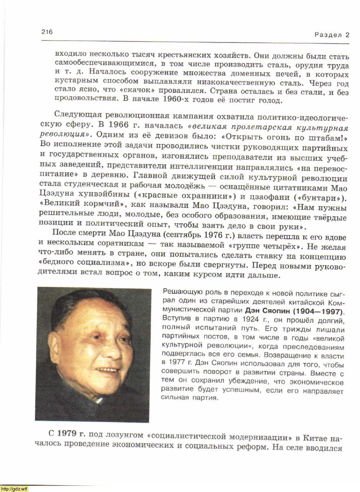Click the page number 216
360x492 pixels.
click(x=47, y=32)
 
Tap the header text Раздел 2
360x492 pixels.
click(x=331, y=35)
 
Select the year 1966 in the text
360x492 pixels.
click(x=118, y=125)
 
